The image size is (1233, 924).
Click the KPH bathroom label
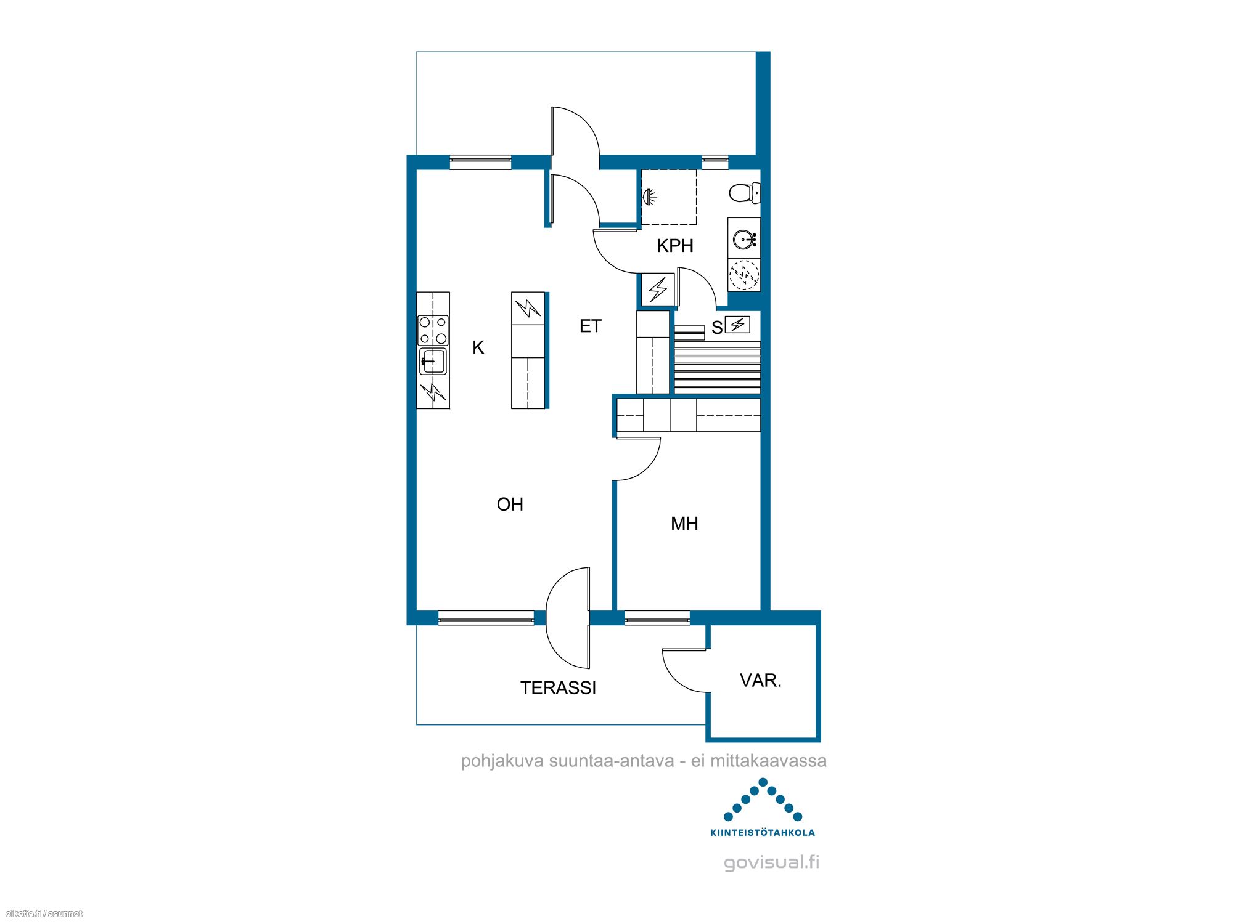(x=675, y=246)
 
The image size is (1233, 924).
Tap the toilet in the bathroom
(x=745, y=193)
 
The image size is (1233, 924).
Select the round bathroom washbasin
(x=744, y=239)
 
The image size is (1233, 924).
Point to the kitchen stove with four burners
(x=433, y=330)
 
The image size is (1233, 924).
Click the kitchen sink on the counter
(x=433, y=361)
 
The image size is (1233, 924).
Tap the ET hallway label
(x=590, y=326)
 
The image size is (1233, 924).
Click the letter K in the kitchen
(x=478, y=347)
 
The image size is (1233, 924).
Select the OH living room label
(x=510, y=505)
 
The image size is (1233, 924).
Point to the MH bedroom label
(x=684, y=524)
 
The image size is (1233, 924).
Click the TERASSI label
(x=558, y=687)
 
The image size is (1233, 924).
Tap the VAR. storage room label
(x=761, y=681)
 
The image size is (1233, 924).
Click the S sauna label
(x=717, y=328)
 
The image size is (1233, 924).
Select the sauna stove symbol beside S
(x=737, y=324)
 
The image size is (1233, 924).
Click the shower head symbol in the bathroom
(x=650, y=197)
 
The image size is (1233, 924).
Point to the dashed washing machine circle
(x=744, y=275)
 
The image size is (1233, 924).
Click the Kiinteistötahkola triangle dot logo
(x=763, y=807)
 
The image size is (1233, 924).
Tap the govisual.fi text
(x=772, y=862)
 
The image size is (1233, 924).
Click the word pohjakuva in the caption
(x=502, y=761)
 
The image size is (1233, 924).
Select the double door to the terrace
(x=568, y=618)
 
